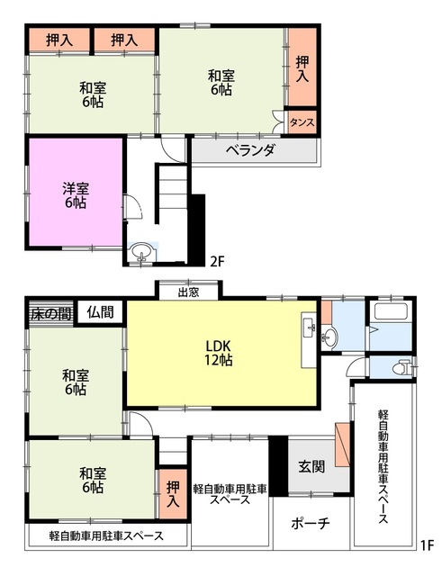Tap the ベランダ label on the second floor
(x=249, y=149)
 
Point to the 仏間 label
(x=100, y=312)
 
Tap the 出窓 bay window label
(x=187, y=291)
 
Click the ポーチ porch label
(x=311, y=524)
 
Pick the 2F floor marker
(x=216, y=262)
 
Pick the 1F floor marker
(x=426, y=544)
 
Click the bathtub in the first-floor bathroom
(x=389, y=317)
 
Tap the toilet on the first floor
(x=402, y=367)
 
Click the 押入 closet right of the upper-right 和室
(x=302, y=67)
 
